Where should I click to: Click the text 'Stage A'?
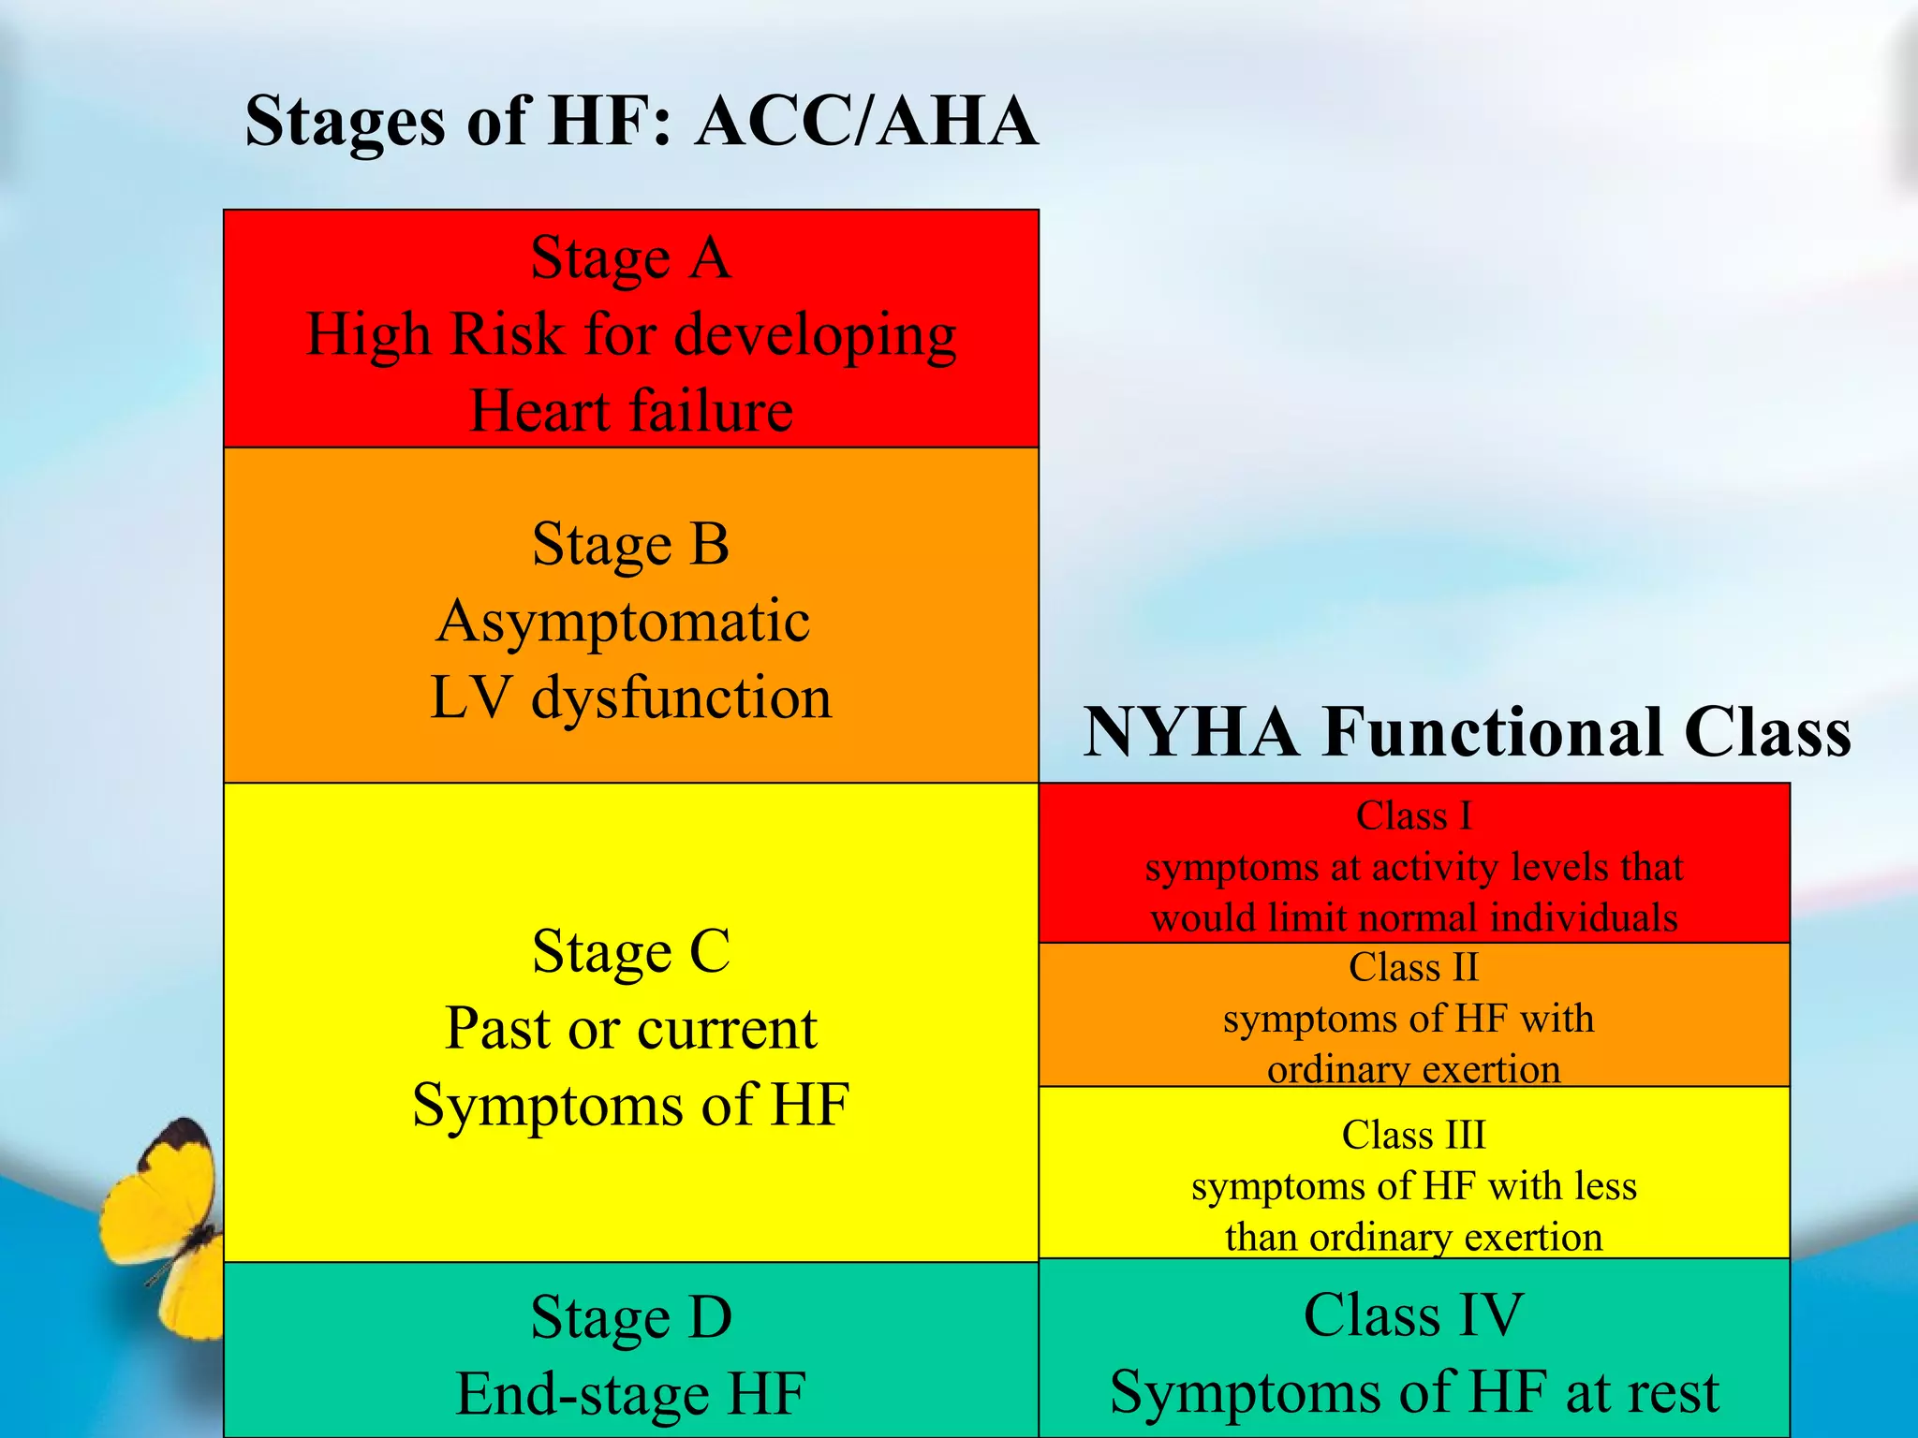[x=630, y=257]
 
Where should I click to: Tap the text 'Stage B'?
[x=630, y=544]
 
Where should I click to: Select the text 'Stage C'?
[x=630, y=952]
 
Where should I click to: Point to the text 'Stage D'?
[x=630, y=1317]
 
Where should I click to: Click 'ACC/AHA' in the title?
[x=866, y=122]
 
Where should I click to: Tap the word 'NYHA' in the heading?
[x=1191, y=732]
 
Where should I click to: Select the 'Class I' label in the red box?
[x=1413, y=815]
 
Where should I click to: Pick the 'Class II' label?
[x=1413, y=967]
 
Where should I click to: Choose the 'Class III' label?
[x=1413, y=1135]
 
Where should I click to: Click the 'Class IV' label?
[x=1413, y=1315]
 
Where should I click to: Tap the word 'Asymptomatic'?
[x=623, y=622]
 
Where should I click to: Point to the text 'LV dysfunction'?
[x=630, y=698]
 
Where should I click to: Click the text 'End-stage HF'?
[x=630, y=1394]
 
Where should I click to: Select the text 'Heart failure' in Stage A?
[x=630, y=411]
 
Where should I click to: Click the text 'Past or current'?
[x=630, y=1029]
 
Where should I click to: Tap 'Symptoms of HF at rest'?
[x=1413, y=1392]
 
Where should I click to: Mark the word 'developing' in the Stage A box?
[x=815, y=335]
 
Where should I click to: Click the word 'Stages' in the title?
[x=345, y=122]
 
